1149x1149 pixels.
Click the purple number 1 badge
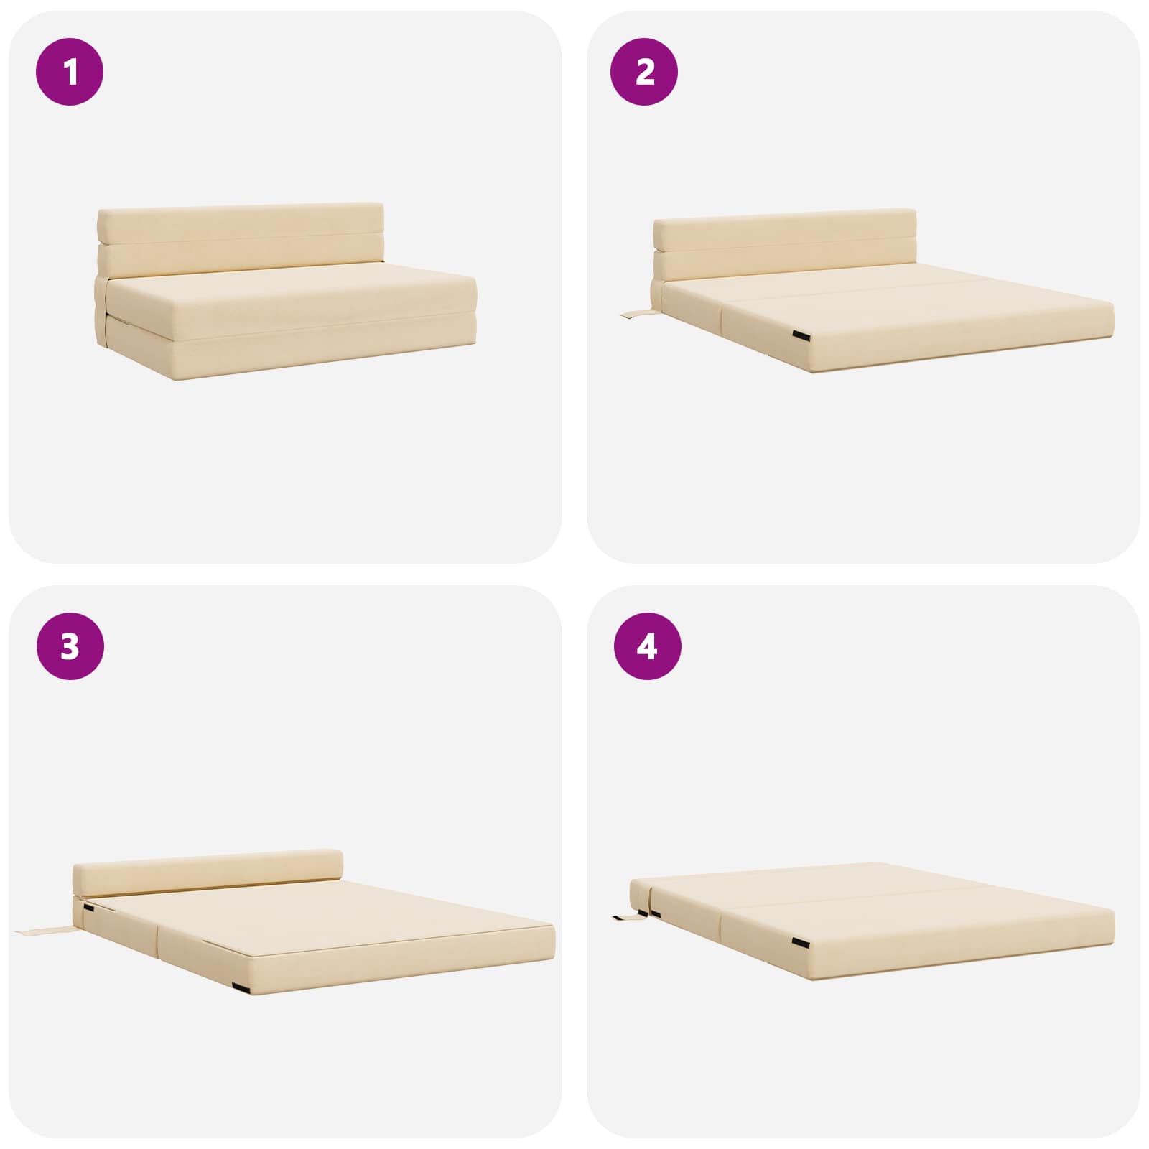pyautogui.click(x=70, y=73)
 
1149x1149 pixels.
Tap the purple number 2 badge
pyautogui.click(x=644, y=73)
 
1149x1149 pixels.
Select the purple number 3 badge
pyautogui.click(x=70, y=647)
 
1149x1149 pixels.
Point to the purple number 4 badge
pyautogui.click(x=646, y=647)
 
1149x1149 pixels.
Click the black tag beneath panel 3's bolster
pyautogui.click(x=88, y=908)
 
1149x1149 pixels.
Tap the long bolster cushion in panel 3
pyautogui.click(x=208, y=875)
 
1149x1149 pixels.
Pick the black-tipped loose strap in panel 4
pyautogui.click(x=629, y=917)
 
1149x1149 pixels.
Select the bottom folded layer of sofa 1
pyautogui.click(x=291, y=352)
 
